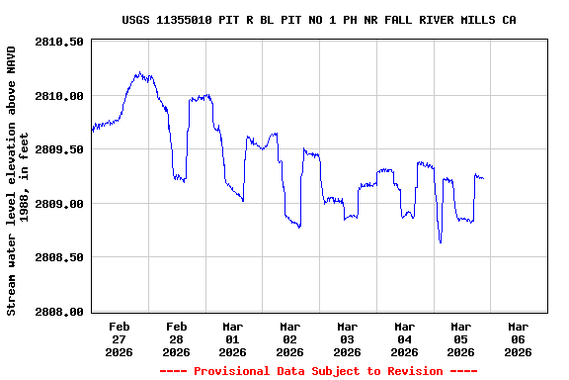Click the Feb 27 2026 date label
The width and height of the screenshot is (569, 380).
(x=120, y=338)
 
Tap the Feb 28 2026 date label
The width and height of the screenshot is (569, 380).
(x=176, y=338)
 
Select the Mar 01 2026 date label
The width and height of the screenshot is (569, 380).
(x=233, y=338)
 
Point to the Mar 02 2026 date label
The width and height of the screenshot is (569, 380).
(x=290, y=338)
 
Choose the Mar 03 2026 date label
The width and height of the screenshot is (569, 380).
(x=347, y=338)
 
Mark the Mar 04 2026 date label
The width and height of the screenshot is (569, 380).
(x=404, y=338)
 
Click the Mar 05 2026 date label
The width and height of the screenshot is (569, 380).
(x=461, y=338)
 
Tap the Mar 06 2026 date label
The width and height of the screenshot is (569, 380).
(x=518, y=338)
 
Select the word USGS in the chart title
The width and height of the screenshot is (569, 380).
(x=136, y=20)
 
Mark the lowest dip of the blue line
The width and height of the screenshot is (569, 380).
(x=441, y=241)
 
